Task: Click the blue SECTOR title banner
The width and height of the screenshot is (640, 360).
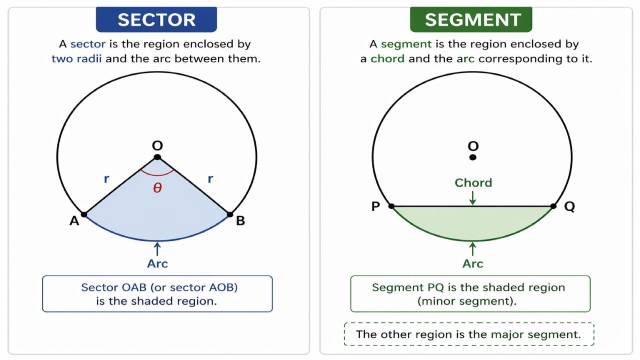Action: pos(156,19)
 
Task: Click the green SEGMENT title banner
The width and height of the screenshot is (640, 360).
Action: pos(474,19)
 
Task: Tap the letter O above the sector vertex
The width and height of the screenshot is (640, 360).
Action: pos(157,146)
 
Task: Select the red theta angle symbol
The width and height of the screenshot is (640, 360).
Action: pos(157,187)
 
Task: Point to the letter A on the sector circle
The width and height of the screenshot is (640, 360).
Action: pos(74,221)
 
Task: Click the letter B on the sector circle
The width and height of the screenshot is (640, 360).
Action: pos(240,221)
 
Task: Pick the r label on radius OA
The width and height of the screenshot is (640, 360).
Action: pos(107,179)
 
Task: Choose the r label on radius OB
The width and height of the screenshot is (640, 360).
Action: pos(210,179)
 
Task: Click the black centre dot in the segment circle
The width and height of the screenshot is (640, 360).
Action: pos(473,158)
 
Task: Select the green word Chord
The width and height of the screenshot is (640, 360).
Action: pos(473,183)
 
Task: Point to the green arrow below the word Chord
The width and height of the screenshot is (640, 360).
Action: pos(473,198)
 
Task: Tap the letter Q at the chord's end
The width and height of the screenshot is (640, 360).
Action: pos(569,207)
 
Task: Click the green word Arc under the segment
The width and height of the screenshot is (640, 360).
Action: pos(473,264)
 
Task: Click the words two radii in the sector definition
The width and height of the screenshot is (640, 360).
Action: pos(77,59)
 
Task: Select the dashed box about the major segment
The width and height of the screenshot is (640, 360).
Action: pos(468,334)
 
